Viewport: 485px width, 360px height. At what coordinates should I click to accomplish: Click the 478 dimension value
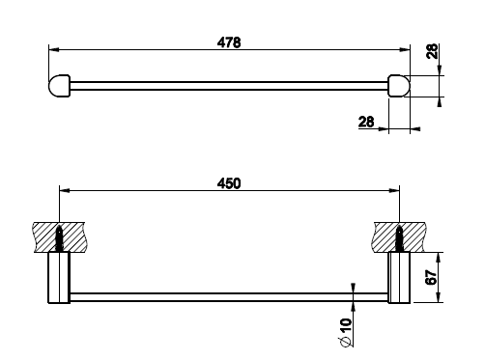pos(229,42)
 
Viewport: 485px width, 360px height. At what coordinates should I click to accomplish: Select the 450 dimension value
pos(229,183)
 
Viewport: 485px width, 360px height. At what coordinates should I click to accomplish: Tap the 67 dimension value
pos(432,277)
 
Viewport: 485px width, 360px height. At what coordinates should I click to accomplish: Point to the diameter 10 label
pos(346,333)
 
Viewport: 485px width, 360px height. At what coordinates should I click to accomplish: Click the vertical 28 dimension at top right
pos(433,51)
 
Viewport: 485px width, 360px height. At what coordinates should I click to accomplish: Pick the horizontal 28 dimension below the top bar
pos(366,122)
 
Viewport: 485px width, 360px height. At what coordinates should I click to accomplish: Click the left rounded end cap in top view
pos(60,86)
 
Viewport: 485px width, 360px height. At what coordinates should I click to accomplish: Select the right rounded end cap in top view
pos(399,86)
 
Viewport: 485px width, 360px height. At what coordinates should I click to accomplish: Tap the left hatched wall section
pos(59,237)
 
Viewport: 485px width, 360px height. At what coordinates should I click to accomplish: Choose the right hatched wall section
pos(400,237)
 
